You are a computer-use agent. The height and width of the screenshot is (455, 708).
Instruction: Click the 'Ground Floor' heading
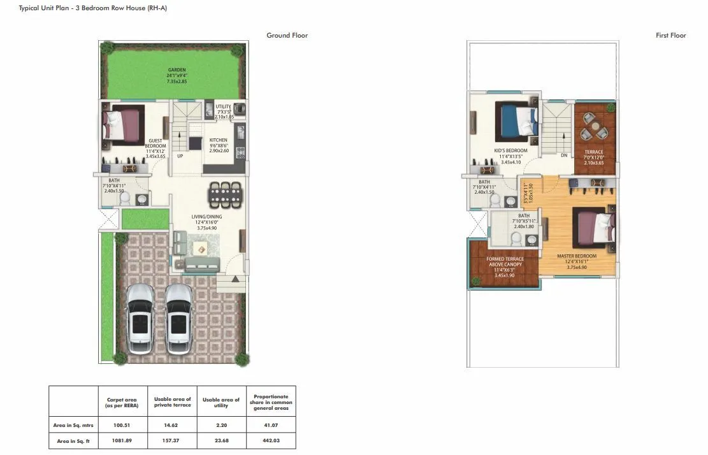[287, 36]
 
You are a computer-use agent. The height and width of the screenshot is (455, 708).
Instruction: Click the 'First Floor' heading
[670, 36]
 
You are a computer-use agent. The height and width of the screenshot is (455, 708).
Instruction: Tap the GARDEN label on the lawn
[177, 69]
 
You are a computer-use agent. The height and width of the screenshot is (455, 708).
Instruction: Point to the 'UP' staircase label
[180, 155]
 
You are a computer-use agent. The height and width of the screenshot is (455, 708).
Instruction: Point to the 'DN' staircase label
[563, 155]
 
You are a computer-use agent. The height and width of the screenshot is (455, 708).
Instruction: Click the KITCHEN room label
[218, 140]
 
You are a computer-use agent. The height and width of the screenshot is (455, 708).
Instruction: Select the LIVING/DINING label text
[206, 217]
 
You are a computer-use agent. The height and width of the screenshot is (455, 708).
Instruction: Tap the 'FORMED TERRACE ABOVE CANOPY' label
[505, 262]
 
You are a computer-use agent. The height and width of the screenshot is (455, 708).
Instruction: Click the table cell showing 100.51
[122, 423]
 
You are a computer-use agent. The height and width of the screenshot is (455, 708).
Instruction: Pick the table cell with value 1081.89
[122, 440]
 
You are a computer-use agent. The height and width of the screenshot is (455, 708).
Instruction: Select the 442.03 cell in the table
[271, 440]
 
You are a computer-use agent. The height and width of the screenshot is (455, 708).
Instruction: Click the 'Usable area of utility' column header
[220, 402]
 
